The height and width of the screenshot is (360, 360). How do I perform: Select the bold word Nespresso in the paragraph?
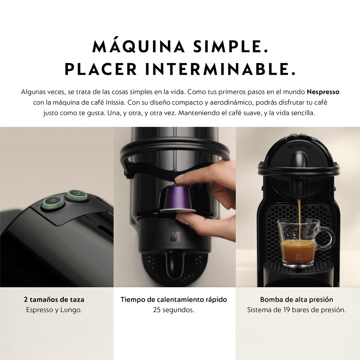coord(323,92)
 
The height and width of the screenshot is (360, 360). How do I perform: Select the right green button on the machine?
coord(76,195)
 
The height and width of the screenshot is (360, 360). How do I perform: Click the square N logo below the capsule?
coord(174,237)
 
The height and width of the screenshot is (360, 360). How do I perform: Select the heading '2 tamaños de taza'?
coord(54,300)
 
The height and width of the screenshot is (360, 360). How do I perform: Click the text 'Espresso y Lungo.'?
coord(54,310)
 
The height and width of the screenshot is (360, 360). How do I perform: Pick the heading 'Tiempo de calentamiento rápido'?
coord(174,300)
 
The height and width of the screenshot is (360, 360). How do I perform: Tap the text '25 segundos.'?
coord(174,310)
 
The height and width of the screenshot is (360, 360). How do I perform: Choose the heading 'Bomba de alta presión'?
coord(297,300)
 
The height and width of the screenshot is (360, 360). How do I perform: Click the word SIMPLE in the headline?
coord(230,46)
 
